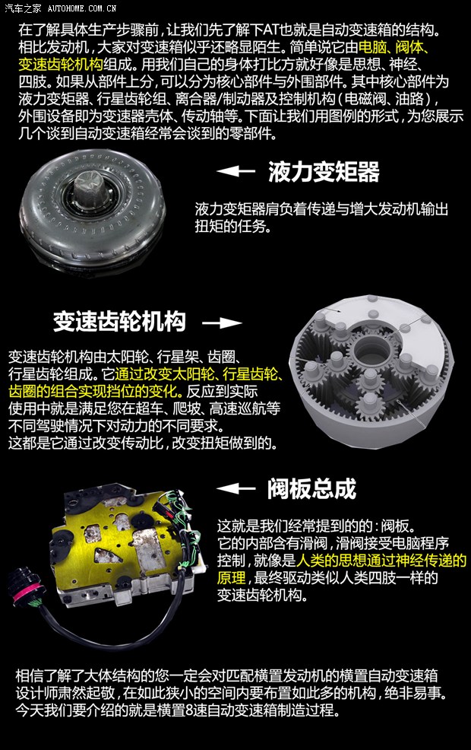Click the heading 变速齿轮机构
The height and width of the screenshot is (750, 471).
click(x=119, y=321)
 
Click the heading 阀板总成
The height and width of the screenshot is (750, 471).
click(x=311, y=488)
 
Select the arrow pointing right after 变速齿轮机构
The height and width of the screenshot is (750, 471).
click(x=222, y=323)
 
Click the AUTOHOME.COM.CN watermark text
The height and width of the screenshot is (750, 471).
click(x=81, y=8)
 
